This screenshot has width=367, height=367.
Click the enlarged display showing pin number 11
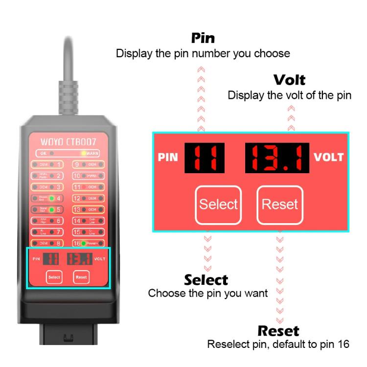pyautogui.click(x=205, y=158)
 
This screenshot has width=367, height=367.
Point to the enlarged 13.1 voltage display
pyautogui.click(x=277, y=158)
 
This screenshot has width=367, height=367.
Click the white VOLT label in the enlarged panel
pyautogui.click(x=329, y=158)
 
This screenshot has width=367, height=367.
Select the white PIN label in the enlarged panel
pyautogui.click(x=168, y=159)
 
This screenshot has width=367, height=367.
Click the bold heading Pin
pyautogui.click(x=203, y=38)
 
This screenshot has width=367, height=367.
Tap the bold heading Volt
pyautogui.click(x=289, y=80)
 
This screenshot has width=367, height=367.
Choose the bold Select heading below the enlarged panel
pyautogui.click(x=206, y=280)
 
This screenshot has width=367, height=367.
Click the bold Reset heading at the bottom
pyautogui.click(x=278, y=330)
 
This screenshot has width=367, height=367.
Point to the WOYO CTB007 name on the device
pyautogui.click(x=69, y=142)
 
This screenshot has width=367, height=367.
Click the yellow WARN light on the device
pyautogui.click(x=84, y=153)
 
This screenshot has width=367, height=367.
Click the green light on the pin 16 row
pyautogui.click(x=84, y=243)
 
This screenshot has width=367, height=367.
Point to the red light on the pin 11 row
pyautogui.click(x=84, y=187)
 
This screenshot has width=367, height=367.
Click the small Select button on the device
pyautogui.click(x=54, y=277)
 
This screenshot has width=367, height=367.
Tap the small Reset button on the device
pyautogui.click(x=81, y=277)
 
